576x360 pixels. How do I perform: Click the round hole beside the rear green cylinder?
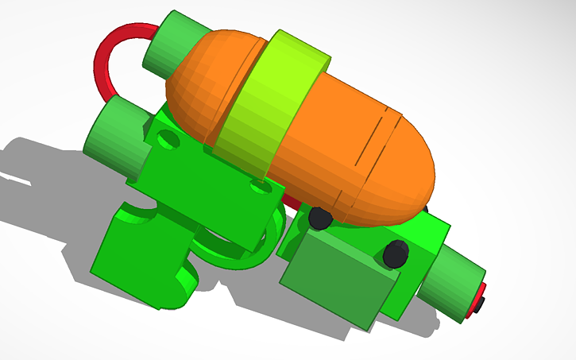168,140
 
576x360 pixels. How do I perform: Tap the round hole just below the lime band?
257,187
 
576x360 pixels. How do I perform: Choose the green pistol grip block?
135,254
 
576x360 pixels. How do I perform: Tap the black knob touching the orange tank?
320,218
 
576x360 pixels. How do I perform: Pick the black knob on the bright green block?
396,254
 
